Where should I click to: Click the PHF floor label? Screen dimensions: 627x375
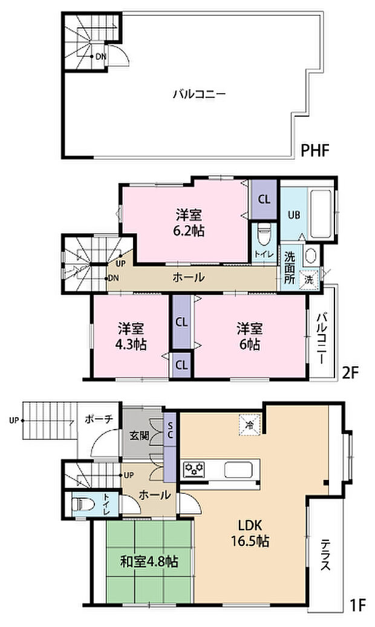click(x=315, y=150)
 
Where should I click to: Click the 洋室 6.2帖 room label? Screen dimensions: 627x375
click(x=189, y=222)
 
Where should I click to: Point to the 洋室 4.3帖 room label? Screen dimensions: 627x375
click(x=131, y=337)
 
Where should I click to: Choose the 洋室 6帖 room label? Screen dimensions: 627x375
click(x=249, y=337)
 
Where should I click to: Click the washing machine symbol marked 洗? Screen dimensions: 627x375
click(x=309, y=280)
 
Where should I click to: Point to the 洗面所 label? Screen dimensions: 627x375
click(x=290, y=268)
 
